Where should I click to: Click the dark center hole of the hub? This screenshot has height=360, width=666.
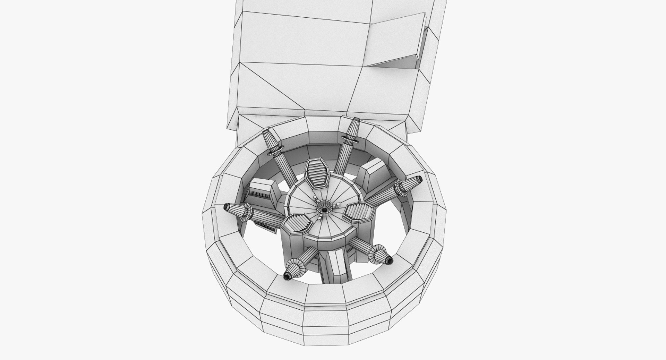pos(324,209)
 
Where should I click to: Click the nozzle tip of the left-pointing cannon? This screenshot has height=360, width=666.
pos(226,207)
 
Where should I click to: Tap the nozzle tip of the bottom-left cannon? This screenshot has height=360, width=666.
pos(287,276)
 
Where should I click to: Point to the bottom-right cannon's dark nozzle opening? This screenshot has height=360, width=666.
pos(389,260)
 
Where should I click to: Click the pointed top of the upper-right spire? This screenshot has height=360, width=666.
pos(356,120)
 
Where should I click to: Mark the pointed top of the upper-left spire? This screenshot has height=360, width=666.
pos(266,131)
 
